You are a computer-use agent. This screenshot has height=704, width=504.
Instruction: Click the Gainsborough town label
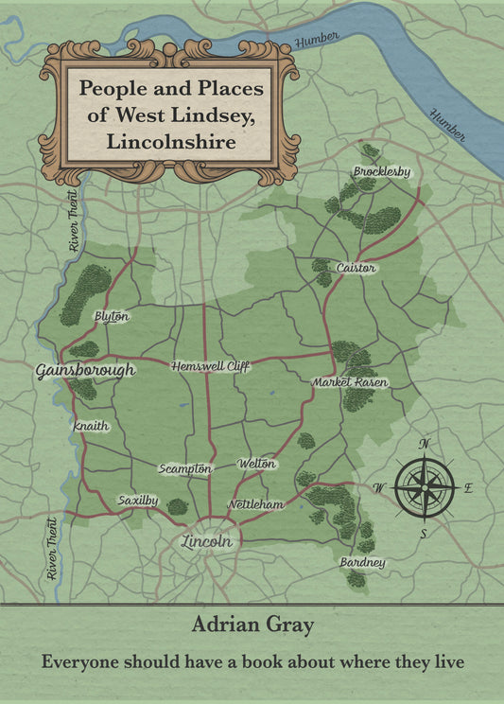tap(85, 370)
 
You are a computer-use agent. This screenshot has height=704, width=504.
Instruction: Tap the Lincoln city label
tap(206, 542)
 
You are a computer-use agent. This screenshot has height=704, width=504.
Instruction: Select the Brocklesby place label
tap(382, 171)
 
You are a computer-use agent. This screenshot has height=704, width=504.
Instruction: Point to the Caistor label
tap(356, 268)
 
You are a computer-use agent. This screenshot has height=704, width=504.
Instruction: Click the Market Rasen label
tap(350, 381)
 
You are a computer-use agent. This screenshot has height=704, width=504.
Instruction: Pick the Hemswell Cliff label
tap(210, 366)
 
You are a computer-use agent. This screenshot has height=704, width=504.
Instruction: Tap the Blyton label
tap(112, 317)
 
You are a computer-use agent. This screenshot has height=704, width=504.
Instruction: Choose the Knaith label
tap(91, 426)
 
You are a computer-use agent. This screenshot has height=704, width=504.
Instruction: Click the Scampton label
tap(184, 468)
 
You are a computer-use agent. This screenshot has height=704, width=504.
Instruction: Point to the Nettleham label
tap(255, 504)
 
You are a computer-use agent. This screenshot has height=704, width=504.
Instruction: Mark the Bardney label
tap(362, 563)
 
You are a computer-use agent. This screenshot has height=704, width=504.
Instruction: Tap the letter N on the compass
tap(425, 443)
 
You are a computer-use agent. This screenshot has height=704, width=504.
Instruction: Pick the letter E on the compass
tap(469, 488)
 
